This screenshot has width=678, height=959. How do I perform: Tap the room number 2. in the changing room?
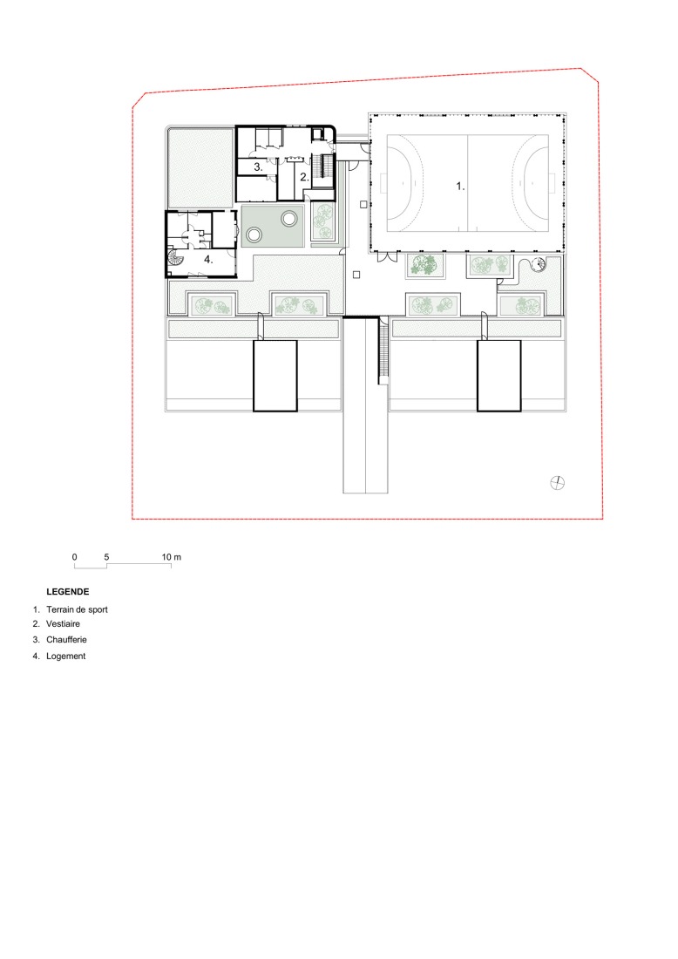click(x=303, y=176)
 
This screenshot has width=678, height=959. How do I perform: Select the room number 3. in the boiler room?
click(x=258, y=165)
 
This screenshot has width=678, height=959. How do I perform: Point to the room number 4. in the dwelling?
click(x=208, y=259)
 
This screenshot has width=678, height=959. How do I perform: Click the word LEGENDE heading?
click(x=68, y=591)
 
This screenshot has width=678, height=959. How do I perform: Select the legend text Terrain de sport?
click(x=77, y=609)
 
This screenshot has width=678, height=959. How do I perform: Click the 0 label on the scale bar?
click(x=75, y=556)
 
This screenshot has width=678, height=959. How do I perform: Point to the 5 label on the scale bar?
click(x=106, y=556)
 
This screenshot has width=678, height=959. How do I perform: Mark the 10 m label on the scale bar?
click(x=171, y=556)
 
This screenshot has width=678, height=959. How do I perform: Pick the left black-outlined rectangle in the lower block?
click(x=275, y=376)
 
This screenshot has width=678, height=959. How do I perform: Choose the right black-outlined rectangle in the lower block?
click(x=498, y=376)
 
